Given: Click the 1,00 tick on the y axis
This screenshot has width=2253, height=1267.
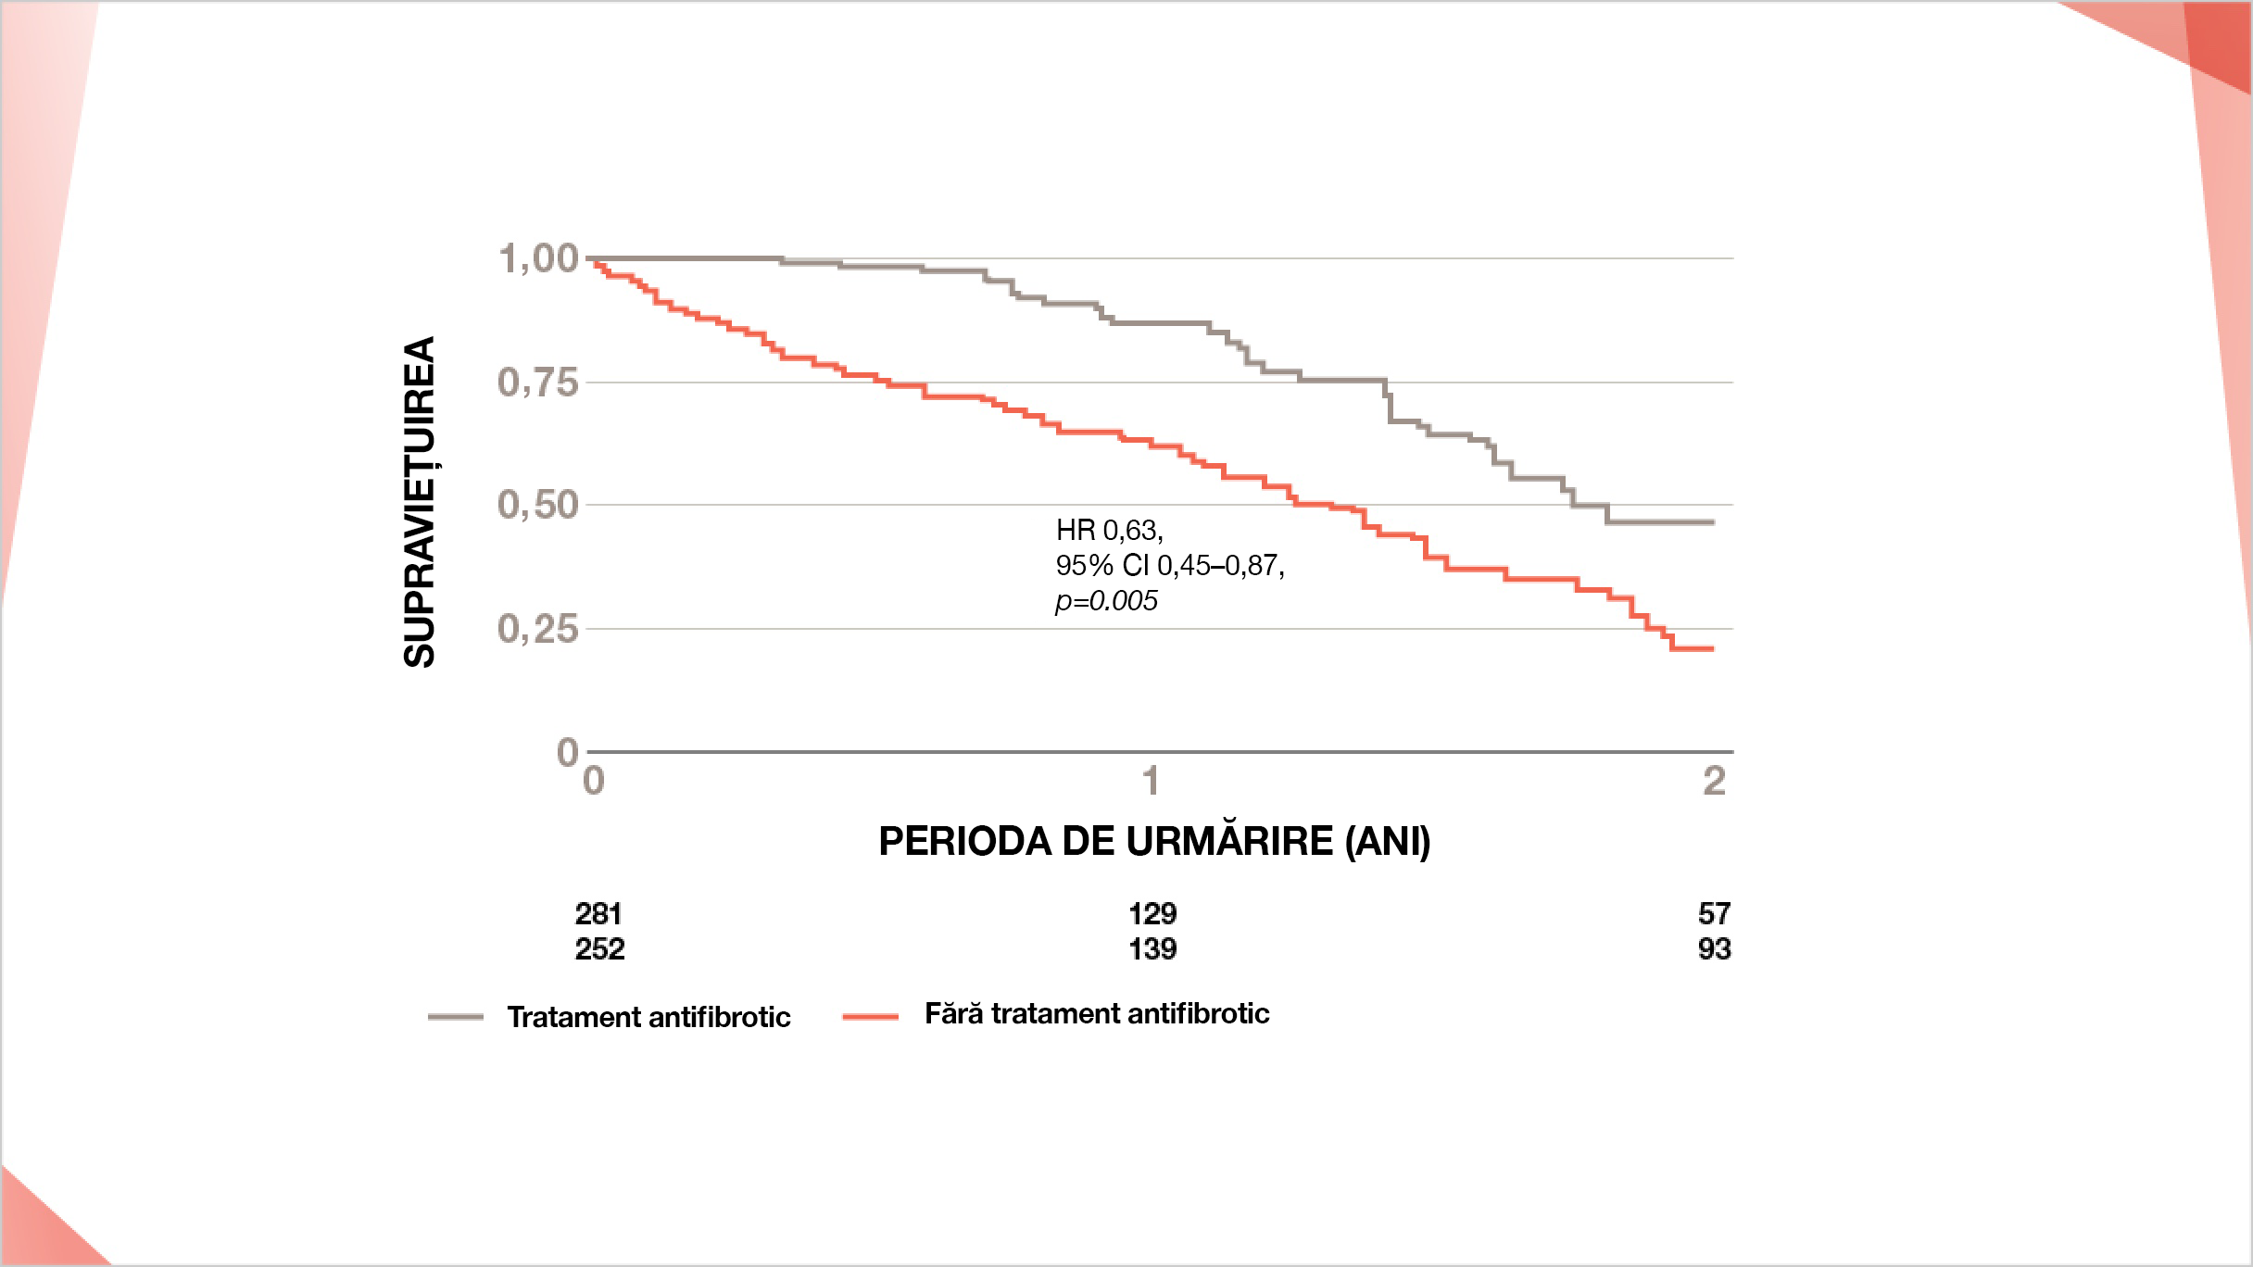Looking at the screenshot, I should (x=538, y=258).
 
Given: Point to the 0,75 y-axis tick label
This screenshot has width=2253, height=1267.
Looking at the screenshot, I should (x=538, y=382).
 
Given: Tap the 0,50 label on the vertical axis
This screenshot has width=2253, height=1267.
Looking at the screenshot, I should (x=538, y=505).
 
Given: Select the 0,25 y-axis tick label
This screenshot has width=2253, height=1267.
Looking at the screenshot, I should (x=538, y=629).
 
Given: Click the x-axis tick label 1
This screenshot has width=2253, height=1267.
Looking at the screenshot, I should (x=1152, y=782).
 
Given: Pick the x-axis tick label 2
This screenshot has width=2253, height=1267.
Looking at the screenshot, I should (x=1714, y=782).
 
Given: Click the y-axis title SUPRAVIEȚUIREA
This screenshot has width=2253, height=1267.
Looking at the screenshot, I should (x=420, y=501).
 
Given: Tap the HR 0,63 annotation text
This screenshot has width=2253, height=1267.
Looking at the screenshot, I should (x=1109, y=530).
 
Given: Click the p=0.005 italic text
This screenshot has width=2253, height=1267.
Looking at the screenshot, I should (x=1106, y=601).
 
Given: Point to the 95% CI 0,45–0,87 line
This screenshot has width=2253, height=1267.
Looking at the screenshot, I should (x=1169, y=565).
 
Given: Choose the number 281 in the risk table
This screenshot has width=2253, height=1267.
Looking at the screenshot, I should (x=598, y=914).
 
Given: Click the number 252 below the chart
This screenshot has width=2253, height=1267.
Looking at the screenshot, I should (x=599, y=949).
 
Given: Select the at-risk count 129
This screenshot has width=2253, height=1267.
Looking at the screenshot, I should (x=1152, y=914).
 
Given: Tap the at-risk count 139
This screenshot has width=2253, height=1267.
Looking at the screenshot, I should (x=1152, y=949).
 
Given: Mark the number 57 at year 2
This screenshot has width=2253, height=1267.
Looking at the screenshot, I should (x=1714, y=914).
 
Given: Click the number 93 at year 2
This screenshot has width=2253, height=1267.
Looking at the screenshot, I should (x=1714, y=949).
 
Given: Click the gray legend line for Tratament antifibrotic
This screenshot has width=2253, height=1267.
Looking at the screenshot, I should (x=456, y=1017).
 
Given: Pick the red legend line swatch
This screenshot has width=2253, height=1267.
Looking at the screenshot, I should (x=870, y=1016).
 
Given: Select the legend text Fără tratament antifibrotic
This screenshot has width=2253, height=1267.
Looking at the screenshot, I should (x=1097, y=1013).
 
